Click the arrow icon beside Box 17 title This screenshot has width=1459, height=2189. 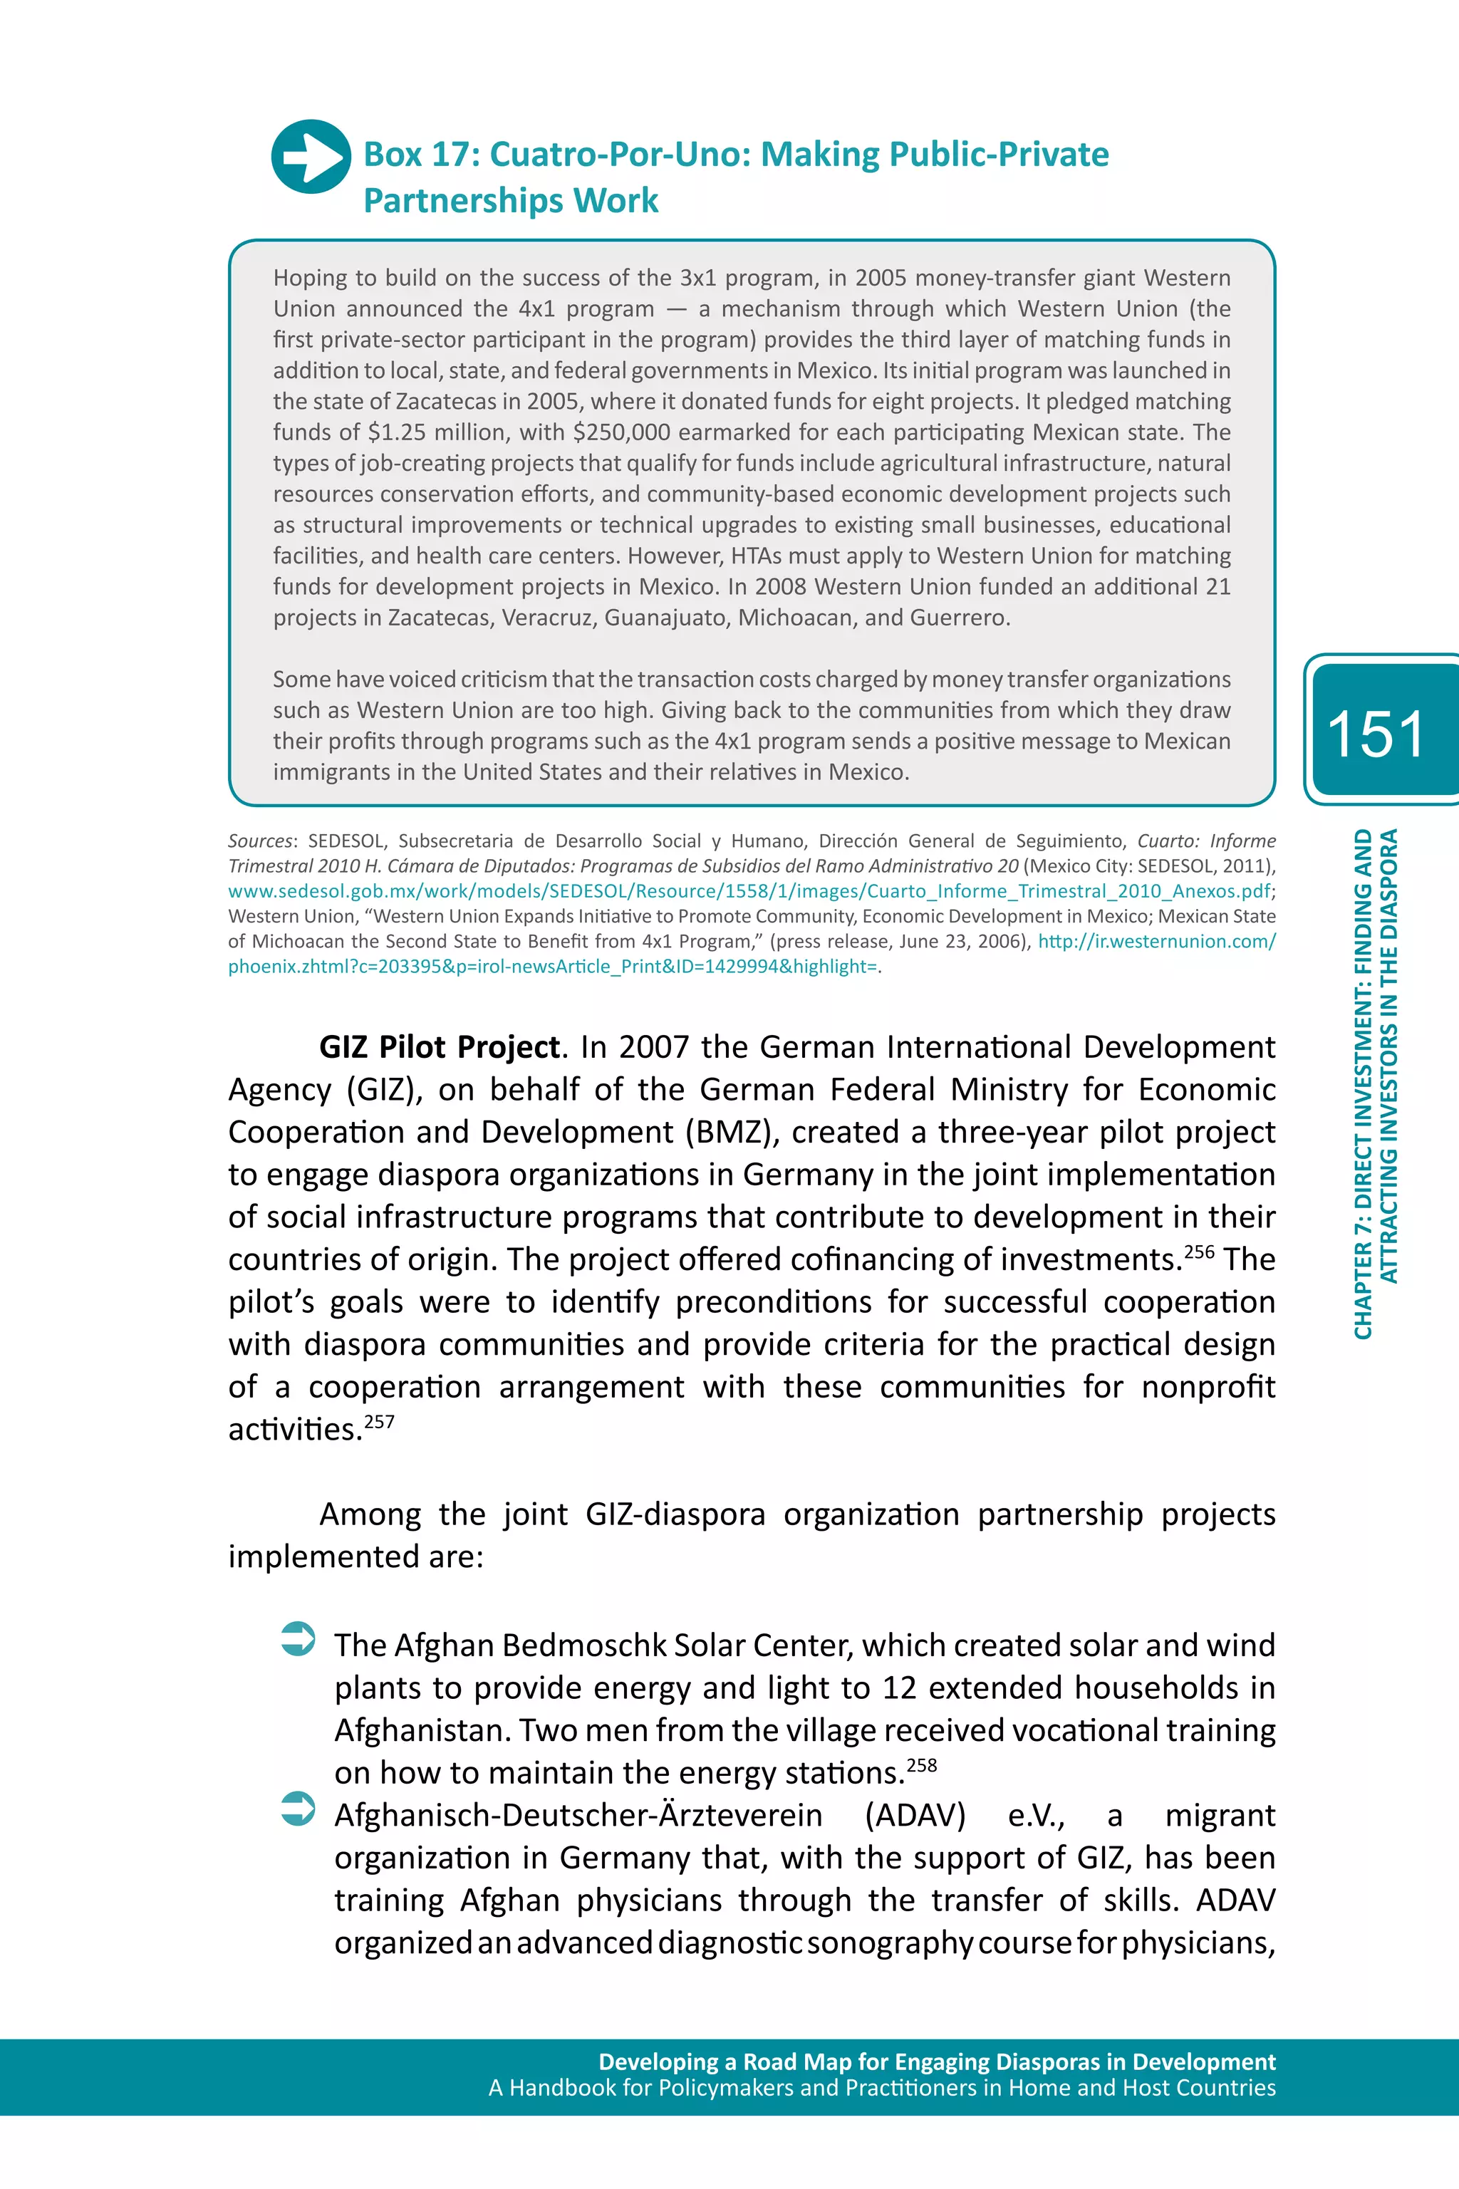click(x=311, y=157)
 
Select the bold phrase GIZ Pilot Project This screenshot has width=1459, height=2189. click(x=439, y=1048)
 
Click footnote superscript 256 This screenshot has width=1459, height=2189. click(x=1198, y=1252)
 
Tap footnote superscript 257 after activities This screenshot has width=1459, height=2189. click(x=380, y=1422)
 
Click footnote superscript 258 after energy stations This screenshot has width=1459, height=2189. click(x=921, y=1764)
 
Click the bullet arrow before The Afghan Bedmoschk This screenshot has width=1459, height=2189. click(x=298, y=1639)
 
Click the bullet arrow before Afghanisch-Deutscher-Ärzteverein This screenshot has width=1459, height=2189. click(x=298, y=1809)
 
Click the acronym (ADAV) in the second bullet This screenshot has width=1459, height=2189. click(x=915, y=1815)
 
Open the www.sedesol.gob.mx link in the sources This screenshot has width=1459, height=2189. click(x=749, y=891)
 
